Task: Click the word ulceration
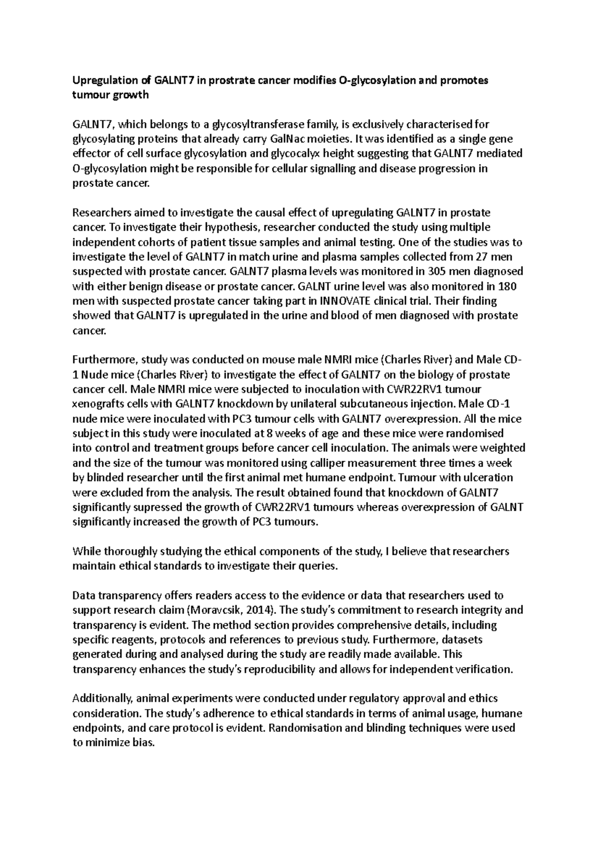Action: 488,477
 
